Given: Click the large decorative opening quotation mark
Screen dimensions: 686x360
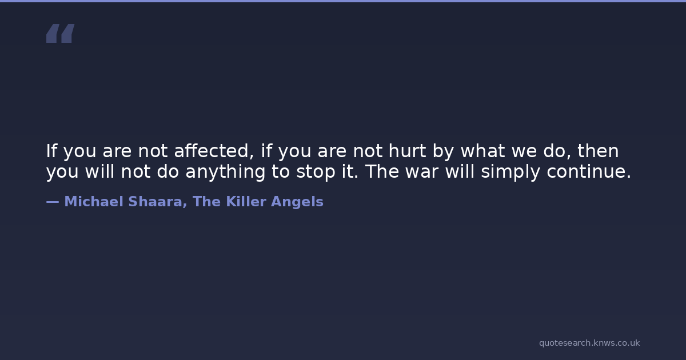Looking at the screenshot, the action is tap(61, 33).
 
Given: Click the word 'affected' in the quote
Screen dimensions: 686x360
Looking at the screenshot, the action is tap(214, 151).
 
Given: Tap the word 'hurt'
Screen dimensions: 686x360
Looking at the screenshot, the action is tap(407, 151).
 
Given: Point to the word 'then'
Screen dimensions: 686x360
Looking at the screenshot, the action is tap(598, 151).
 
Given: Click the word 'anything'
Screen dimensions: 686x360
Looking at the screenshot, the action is tap(225, 172).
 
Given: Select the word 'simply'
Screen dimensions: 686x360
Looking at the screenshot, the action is tap(510, 172).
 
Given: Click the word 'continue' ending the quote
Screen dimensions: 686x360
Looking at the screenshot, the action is tap(586, 172).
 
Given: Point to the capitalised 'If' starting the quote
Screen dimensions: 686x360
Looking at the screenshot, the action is tap(51, 150).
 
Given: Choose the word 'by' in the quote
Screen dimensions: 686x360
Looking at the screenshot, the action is tap(443, 151).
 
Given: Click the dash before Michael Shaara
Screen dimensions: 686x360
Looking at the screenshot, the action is tap(53, 202).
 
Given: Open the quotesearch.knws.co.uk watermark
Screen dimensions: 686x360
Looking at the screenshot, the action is tap(589, 343).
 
